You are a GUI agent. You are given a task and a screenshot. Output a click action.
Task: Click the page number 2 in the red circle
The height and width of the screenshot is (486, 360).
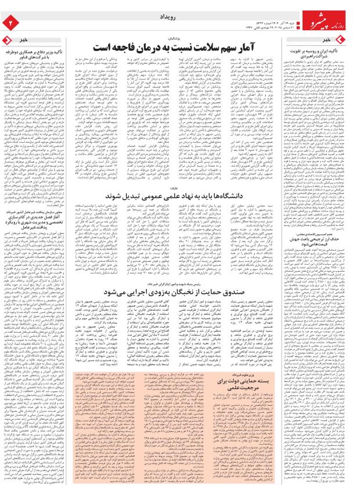[9, 22]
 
